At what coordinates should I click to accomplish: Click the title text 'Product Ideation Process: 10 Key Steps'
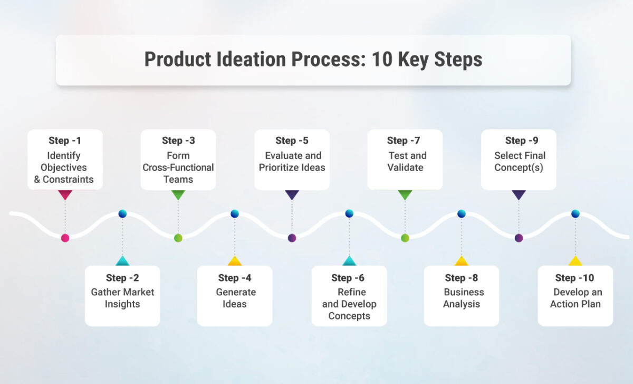(313, 60)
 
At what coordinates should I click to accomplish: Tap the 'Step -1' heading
(65, 141)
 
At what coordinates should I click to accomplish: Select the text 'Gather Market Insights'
(122, 298)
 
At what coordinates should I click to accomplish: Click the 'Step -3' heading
(178, 141)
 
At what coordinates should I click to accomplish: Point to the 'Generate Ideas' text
(235, 298)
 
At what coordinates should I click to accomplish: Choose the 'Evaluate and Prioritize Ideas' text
(292, 162)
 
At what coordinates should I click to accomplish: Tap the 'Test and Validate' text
(405, 162)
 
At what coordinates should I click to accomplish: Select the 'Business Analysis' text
(462, 298)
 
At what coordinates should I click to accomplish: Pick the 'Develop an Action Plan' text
(576, 298)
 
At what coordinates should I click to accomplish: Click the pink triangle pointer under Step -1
(65, 195)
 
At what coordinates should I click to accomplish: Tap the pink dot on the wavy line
(65, 238)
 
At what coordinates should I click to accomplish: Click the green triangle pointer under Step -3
(178, 195)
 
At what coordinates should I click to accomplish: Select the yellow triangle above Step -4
(235, 261)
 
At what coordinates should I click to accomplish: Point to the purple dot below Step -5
(292, 238)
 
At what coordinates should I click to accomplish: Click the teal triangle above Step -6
(349, 261)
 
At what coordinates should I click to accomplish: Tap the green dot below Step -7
(405, 238)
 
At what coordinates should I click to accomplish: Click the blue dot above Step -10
(575, 214)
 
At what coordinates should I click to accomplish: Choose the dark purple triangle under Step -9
(519, 195)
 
